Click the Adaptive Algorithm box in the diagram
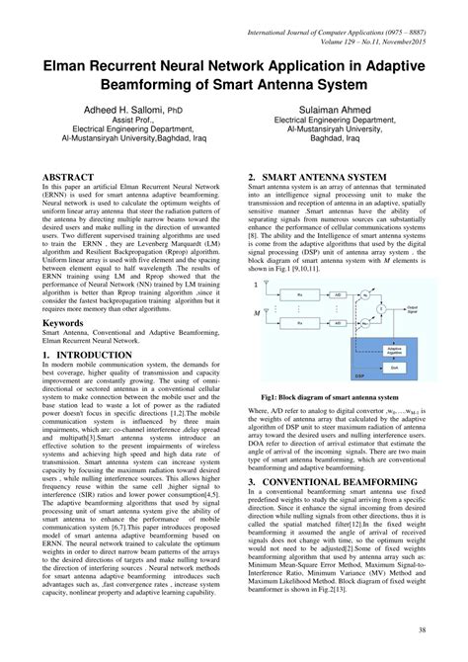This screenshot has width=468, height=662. [395, 351]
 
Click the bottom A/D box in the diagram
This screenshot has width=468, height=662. [337, 324]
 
